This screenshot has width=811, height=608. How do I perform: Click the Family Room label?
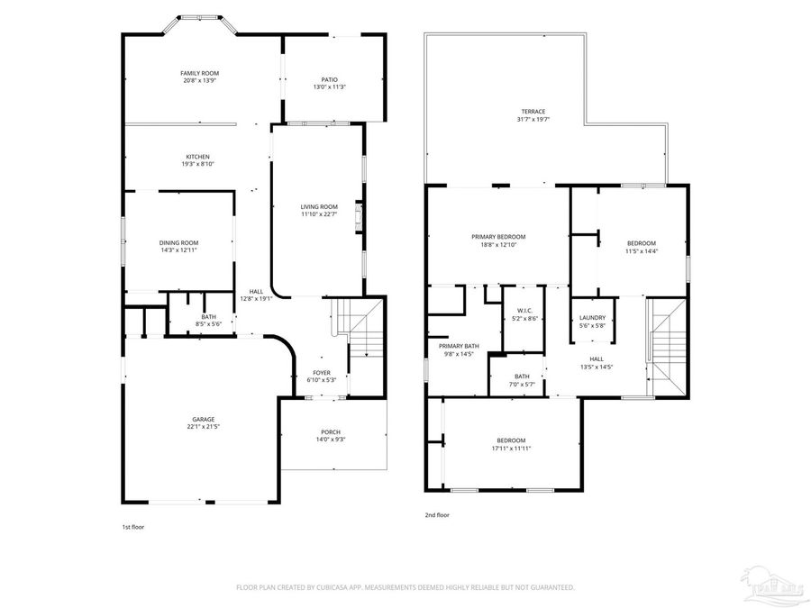coord(199,73)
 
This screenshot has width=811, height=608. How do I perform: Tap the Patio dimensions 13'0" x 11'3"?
coord(330,86)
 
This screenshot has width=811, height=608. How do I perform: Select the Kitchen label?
coord(198,156)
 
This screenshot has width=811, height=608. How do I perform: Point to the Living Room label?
coord(319,206)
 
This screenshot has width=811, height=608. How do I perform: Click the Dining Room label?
coord(178,242)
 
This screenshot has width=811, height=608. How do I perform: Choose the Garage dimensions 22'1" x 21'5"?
coord(203,426)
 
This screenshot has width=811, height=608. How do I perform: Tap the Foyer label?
coord(322,372)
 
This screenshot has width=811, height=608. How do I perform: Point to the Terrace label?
coord(533,112)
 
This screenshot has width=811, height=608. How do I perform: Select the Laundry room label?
coord(592,317)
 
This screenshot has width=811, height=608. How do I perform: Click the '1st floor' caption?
coord(132,527)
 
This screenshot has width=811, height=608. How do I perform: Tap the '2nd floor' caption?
coord(437,515)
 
